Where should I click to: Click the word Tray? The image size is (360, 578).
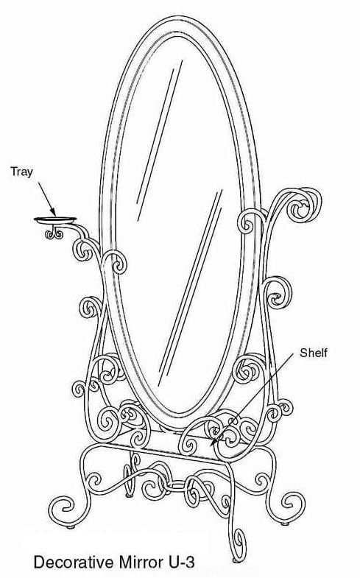[21, 172]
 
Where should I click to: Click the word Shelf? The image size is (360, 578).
[313, 353]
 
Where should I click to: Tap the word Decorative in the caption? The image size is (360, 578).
[74, 563]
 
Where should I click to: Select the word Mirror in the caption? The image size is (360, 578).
[141, 563]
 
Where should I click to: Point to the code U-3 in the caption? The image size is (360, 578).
[182, 563]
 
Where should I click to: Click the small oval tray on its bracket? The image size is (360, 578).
[55, 220]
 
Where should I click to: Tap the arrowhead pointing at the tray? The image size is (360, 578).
[54, 213]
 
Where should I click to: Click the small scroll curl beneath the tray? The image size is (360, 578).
[54, 233]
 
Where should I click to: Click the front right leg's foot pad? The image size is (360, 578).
[236, 560]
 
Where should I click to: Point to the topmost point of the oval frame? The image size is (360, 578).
[180, 16]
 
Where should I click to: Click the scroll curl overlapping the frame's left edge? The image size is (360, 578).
[114, 262]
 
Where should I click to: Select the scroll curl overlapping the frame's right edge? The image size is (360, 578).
[251, 221]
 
